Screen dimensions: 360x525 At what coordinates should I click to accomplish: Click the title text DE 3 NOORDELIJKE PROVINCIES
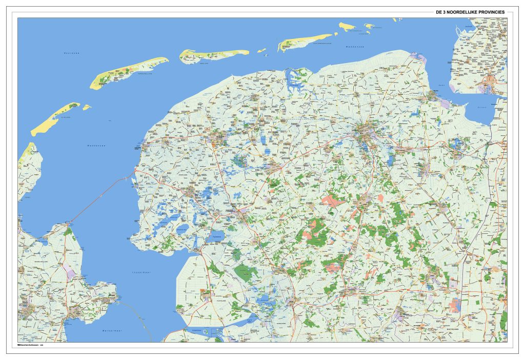click(470, 11)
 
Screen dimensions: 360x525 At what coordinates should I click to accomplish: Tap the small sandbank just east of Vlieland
click(87, 107)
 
